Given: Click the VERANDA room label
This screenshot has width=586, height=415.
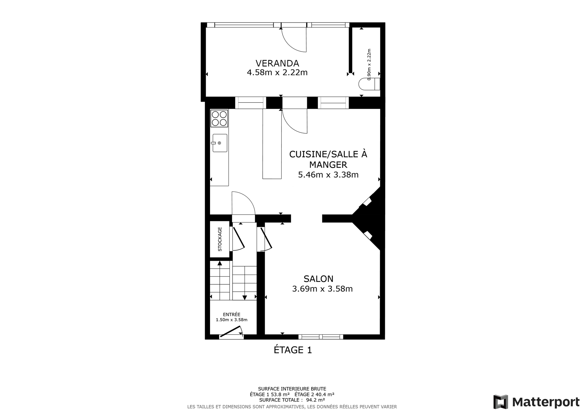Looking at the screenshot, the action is click(277, 63).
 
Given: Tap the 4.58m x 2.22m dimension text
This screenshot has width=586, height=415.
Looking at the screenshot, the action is click(277, 72).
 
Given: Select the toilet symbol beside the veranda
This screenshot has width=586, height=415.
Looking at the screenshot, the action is click(369, 84).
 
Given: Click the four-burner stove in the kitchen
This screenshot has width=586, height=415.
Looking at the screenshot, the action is click(219, 118).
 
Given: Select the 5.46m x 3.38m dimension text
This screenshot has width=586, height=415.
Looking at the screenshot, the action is click(328, 175).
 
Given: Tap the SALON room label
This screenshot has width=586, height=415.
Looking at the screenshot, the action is click(318, 279).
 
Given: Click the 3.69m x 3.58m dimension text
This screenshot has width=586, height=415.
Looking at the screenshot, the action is click(322, 289).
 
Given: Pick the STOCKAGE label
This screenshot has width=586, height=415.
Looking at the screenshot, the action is click(220, 239).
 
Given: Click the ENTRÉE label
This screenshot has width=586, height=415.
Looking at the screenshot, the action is click(231, 314).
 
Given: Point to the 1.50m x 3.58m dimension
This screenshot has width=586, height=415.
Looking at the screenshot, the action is click(231, 320).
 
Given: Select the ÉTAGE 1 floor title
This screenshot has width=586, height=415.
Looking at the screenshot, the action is click(293, 350).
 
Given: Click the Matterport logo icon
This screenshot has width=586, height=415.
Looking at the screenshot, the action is click(501, 402).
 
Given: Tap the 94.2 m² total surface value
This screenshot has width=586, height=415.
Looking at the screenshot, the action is click(315, 400).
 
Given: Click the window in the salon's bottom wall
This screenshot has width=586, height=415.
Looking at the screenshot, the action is click(321, 337).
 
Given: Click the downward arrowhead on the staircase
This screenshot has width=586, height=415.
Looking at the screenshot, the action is click(245, 298).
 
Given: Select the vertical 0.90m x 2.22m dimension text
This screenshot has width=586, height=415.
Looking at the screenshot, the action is click(369, 64).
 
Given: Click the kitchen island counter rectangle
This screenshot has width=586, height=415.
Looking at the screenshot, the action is click(272, 144).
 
